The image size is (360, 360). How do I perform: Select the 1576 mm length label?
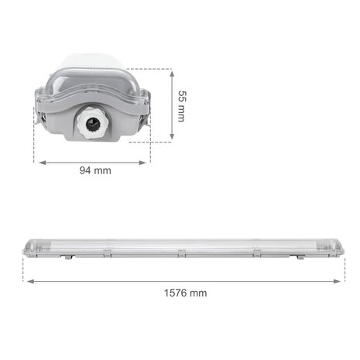coord(186,293)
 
